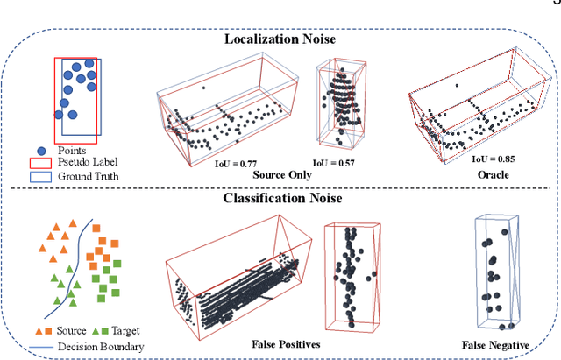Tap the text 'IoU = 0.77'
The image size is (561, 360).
coord(237,164)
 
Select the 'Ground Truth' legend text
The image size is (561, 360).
coord(89,176)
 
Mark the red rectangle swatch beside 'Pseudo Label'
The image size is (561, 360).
coord(38,162)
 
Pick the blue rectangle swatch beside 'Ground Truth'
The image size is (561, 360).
coord(38,176)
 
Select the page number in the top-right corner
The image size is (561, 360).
coord(557,4)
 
